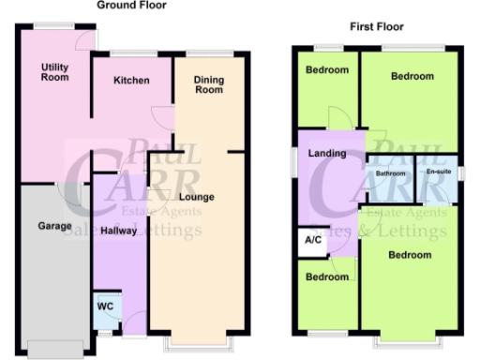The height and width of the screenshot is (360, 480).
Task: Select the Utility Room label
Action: pos(55,73)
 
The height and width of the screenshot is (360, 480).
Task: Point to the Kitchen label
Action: pos(131,81)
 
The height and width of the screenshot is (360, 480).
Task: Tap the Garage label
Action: pos(55,227)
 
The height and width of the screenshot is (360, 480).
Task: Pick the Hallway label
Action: pos(119,230)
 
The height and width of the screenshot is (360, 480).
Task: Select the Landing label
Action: pos(326,154)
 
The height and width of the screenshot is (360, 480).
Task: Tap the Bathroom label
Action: pos(391,173)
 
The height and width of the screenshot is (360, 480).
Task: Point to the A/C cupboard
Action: pos(311,241)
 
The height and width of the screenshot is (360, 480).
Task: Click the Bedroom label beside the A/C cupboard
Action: pos(326,277)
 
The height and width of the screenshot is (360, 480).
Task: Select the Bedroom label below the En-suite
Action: pos(410,255)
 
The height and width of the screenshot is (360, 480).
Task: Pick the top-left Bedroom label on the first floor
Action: pos(325,70)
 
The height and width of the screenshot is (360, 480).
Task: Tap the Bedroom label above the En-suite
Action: pos(412,76)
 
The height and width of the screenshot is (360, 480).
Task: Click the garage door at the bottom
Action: pos(53,350)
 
